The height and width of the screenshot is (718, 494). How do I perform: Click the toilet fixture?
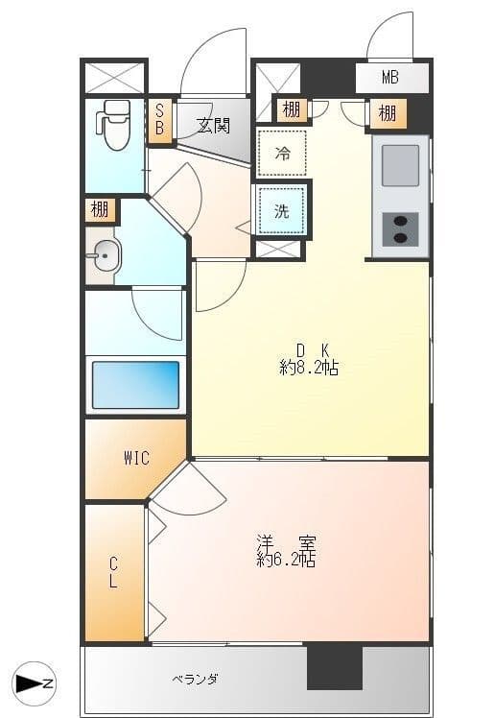tap(112, 125)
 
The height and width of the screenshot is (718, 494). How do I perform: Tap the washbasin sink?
tap(106, 255)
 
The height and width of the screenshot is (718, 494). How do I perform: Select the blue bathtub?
tap(135, 385)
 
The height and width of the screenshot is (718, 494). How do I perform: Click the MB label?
tap(390, 78)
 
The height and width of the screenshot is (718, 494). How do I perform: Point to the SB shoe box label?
tap(159, 119)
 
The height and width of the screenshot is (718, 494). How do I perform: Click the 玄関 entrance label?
tap(213, 125)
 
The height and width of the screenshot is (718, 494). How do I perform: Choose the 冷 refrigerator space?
tap(282, 153)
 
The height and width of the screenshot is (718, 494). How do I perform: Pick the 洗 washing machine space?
tap(282, 211)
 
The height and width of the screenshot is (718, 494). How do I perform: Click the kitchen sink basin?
tap(400, 165)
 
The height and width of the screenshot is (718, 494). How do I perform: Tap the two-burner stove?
tap(400, 229)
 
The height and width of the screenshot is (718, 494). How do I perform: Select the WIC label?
tap(136, 458)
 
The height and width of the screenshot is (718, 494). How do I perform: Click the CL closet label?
tap(113, 573)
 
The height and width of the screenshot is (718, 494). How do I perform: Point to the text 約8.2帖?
tap(309, 368)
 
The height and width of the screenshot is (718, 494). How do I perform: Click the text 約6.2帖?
tap(286, 559)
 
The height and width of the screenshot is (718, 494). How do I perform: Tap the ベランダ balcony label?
tap(196, 679)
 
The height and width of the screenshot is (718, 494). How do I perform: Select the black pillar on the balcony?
tap(335, 668)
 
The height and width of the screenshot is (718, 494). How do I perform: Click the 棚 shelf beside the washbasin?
tap(100, 210)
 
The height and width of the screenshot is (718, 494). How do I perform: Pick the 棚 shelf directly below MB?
tap(388, 112)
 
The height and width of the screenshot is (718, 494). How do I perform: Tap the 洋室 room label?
tap(286, 543)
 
